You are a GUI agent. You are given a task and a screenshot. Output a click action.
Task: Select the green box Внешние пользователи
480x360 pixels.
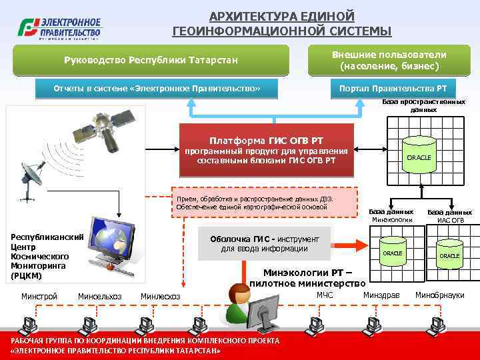point(389,60)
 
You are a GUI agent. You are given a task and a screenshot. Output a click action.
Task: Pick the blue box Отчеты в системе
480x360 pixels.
point(156,88)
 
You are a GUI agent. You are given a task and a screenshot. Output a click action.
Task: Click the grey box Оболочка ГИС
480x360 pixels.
point(265,244)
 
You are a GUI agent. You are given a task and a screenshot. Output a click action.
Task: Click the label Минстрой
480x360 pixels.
point(39,296)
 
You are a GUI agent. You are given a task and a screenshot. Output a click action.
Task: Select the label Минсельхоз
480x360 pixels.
point(99,296)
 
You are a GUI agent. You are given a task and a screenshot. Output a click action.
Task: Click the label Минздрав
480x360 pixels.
point(381,295)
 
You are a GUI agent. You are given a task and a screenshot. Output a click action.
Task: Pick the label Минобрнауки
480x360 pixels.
point(439,295)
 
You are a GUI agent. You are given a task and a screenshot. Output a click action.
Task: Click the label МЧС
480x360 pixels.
point(325,295)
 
